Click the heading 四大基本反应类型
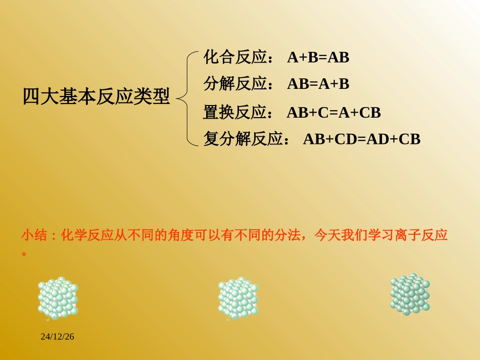(x=96, y=96)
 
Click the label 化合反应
(x=235, y=58)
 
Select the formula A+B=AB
(x=318, y=58)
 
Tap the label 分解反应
(x=235, y=84)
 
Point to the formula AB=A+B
(x=318, y=84)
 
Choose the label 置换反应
(x=235, y=113)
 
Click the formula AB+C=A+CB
(x=333, y=113)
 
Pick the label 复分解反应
(x=243, y=139)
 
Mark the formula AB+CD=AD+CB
(x=362, y=139)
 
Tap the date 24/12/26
(x=58, y=336)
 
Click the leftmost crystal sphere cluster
(x=58, y=298)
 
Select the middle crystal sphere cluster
(x=238, y=298)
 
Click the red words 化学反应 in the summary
(x=87, y=235)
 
